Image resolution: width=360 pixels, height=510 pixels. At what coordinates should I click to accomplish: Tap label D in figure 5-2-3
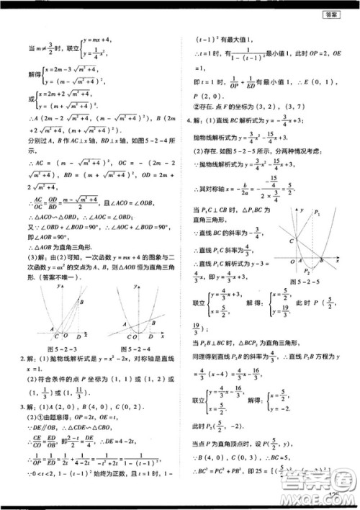pyautogui.click(x=66, y=335)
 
